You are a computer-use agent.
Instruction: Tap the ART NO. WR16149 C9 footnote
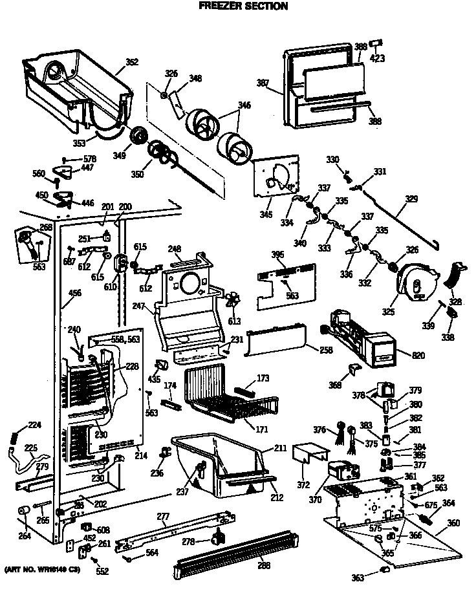point(43,570)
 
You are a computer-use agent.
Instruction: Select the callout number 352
point(131,63)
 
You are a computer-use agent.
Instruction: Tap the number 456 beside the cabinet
point(75,294)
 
